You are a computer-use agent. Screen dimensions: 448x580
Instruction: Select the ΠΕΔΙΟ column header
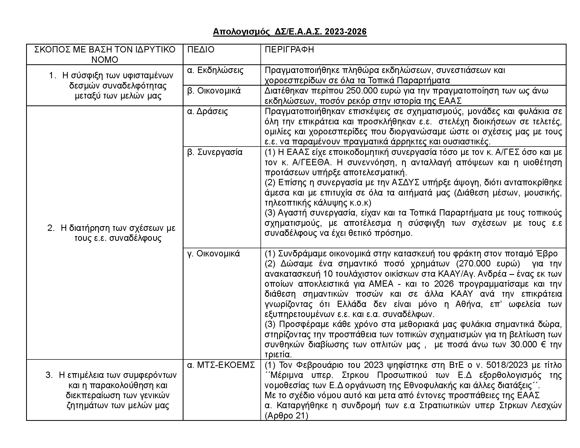(x=201, y=50)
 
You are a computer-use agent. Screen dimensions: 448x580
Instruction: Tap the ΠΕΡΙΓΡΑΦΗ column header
(x=289, y=50)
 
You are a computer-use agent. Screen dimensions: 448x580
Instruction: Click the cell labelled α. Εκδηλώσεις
(x=215, y=70)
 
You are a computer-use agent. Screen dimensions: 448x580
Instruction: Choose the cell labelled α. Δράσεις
(x=207, y=111)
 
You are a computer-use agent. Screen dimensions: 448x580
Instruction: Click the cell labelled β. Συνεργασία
(x=215, y=152)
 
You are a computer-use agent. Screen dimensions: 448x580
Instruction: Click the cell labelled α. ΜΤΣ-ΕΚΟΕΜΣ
(x=221, y=365)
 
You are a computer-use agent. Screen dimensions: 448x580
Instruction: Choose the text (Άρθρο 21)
(x=286, y=416)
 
